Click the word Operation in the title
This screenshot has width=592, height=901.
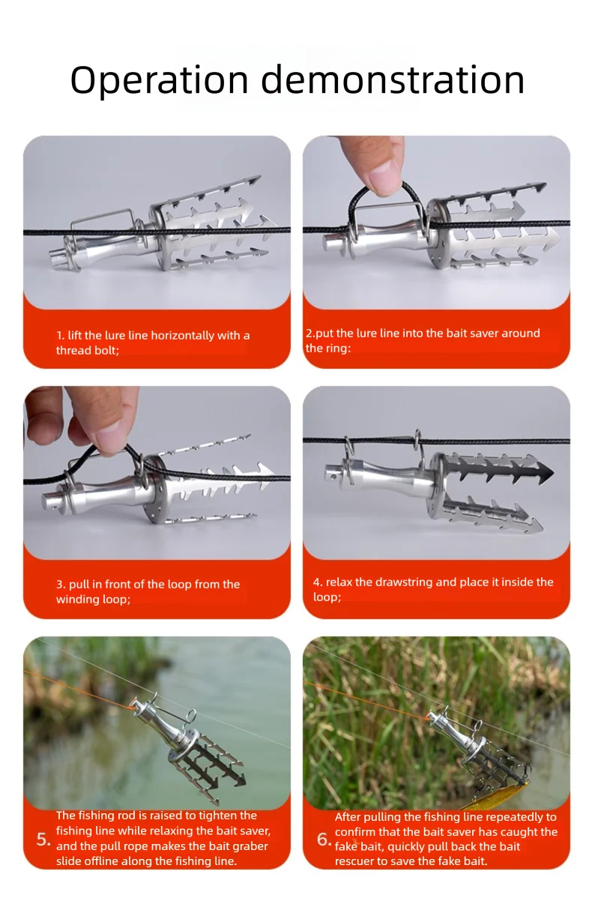click(160, 80)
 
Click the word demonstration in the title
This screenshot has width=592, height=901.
click(393, 79)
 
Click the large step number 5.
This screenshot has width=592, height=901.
click(43, 840)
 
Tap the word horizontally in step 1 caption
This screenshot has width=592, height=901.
click(184, 336)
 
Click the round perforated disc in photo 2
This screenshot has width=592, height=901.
click(435, 234)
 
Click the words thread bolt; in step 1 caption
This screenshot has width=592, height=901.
click(88, 351)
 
